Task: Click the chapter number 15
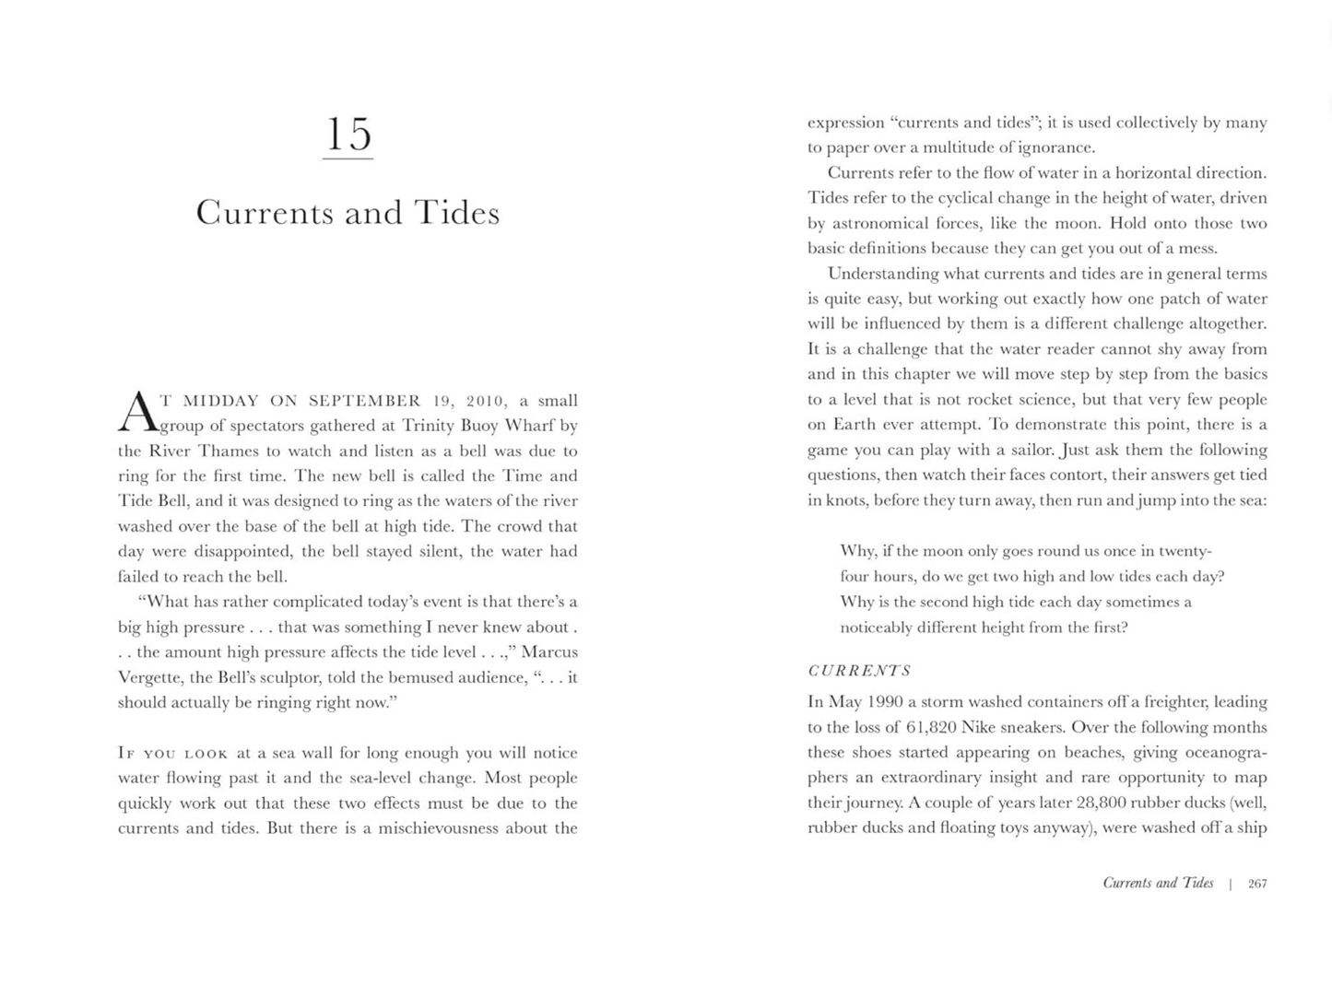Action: click(348, 135)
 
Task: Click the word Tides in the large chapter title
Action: click(456, 213)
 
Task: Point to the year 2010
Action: click(485, 401)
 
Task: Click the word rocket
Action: click(1003, 399)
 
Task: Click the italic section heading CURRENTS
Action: click(859, 671)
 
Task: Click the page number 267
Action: click(1256, 884)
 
